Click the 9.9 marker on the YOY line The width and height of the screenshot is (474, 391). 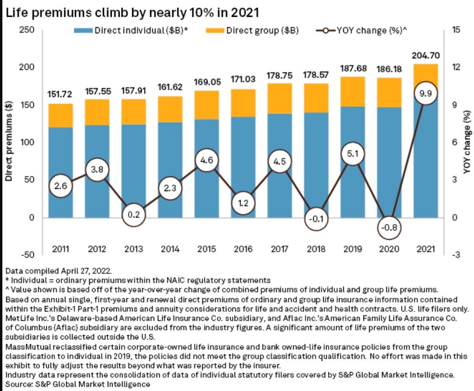pyautogui.click(x=426, y=93)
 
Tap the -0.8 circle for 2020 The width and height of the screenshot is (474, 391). pyautogui.click(x=389, y=227)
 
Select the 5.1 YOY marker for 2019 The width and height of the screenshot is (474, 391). pyautogui.click(x=352, y=154)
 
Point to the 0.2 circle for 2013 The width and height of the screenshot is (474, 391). pyautogui.click(x=134, y=215)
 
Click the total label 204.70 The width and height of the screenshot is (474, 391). pyautogui.click(x=426, y=56)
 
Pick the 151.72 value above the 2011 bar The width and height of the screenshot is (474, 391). pyautogui.click(x=60, y=94)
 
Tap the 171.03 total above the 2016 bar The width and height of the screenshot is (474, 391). pyautogui.click(x=243, y=79)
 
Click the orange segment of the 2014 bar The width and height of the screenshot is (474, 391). pyautogui.click(x=170, y=109)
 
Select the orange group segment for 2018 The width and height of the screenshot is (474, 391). pyautogui.click(x=316, y=98)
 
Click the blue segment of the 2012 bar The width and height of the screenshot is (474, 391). pyautogui.click(x=97, y=171)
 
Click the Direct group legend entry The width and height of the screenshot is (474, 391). pyautogui.click(x=252, y=31)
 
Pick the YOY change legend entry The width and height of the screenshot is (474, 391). pyautogui.click(x=361, y=31)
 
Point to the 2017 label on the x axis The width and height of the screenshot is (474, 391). pyautogui.click(x=279, y=249)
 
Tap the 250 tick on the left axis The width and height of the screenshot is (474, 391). pyautogui.click(x=27, y=30)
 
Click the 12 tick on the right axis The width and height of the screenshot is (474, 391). pyautogui.click(x=456, y=67)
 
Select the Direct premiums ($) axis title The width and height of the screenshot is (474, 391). pyautogui.click(x=9, y=141)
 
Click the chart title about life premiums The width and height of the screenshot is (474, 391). pyautogui.click(x=133, y=13)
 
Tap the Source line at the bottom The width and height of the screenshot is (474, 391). pyautogui.click(x=78, y=384)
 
